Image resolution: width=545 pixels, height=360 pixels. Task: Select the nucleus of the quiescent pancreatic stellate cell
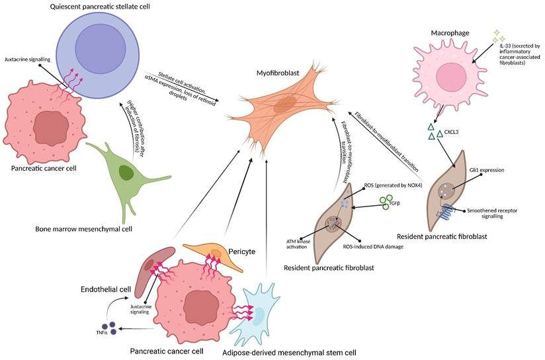point(100,50)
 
